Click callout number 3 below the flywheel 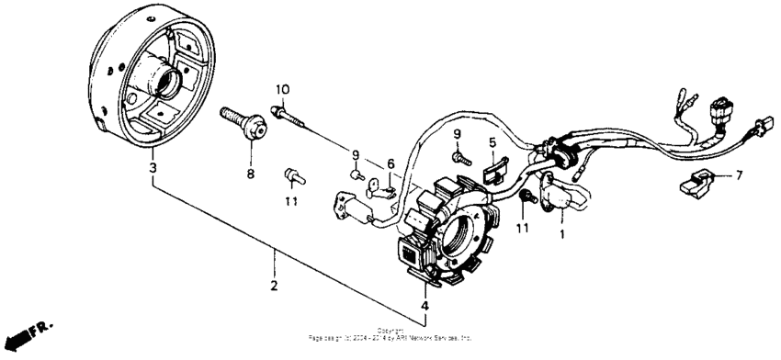tap(153, 168)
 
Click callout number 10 tap(282, 89)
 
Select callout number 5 tap(492, 142)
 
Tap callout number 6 tap(390, 163)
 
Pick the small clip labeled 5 tap(493, 166)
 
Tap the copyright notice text tap(390, 333)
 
